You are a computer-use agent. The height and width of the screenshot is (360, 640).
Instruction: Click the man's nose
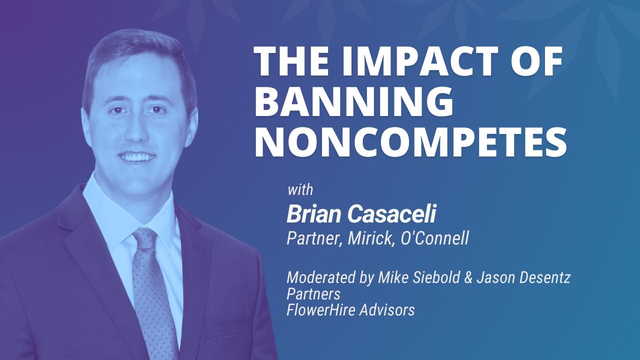coord(139,131)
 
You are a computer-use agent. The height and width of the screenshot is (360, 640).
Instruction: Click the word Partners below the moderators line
coord(313,293)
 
